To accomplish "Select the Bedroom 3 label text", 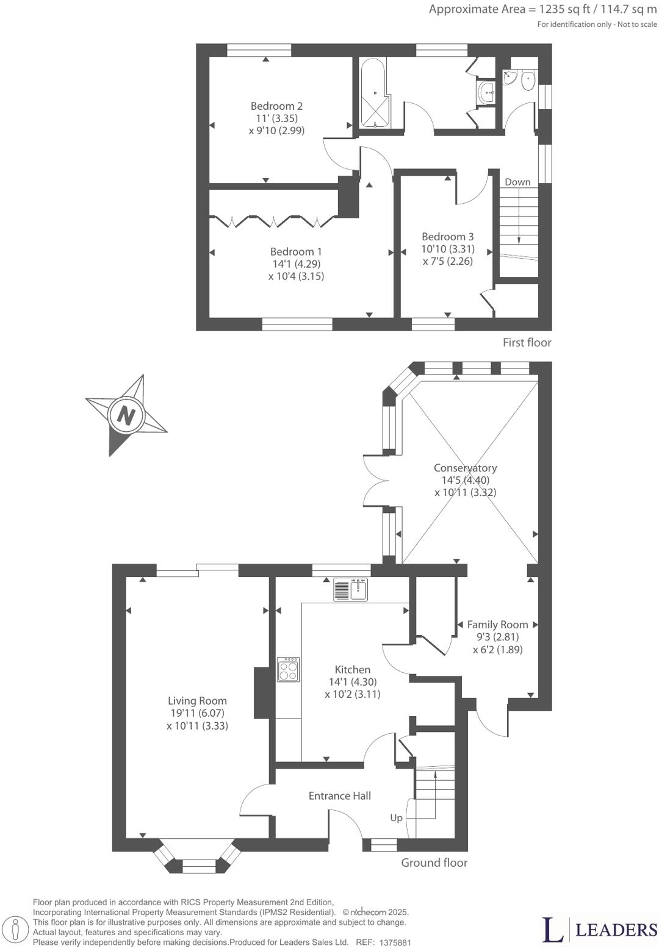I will coord(447,237).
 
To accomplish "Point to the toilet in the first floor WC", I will coord(528,78).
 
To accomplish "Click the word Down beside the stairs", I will coord(517,182).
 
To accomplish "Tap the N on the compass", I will coord(126,416).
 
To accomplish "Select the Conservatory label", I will coord(465,468).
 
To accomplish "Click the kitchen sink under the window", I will coord(351,589).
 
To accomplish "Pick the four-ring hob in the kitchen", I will coord(289,669).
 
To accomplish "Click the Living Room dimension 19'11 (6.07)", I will coord(197,714).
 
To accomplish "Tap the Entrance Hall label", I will coord(339,795).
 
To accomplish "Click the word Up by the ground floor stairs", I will coord(396,817).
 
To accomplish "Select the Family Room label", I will coord(497,625).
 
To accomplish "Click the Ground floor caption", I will coord(434,863).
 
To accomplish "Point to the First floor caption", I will coord(527,343).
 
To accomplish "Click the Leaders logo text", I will coord(616,930).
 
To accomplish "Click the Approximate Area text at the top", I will coord(542,9).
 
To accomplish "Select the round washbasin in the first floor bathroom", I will coord(488,93).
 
